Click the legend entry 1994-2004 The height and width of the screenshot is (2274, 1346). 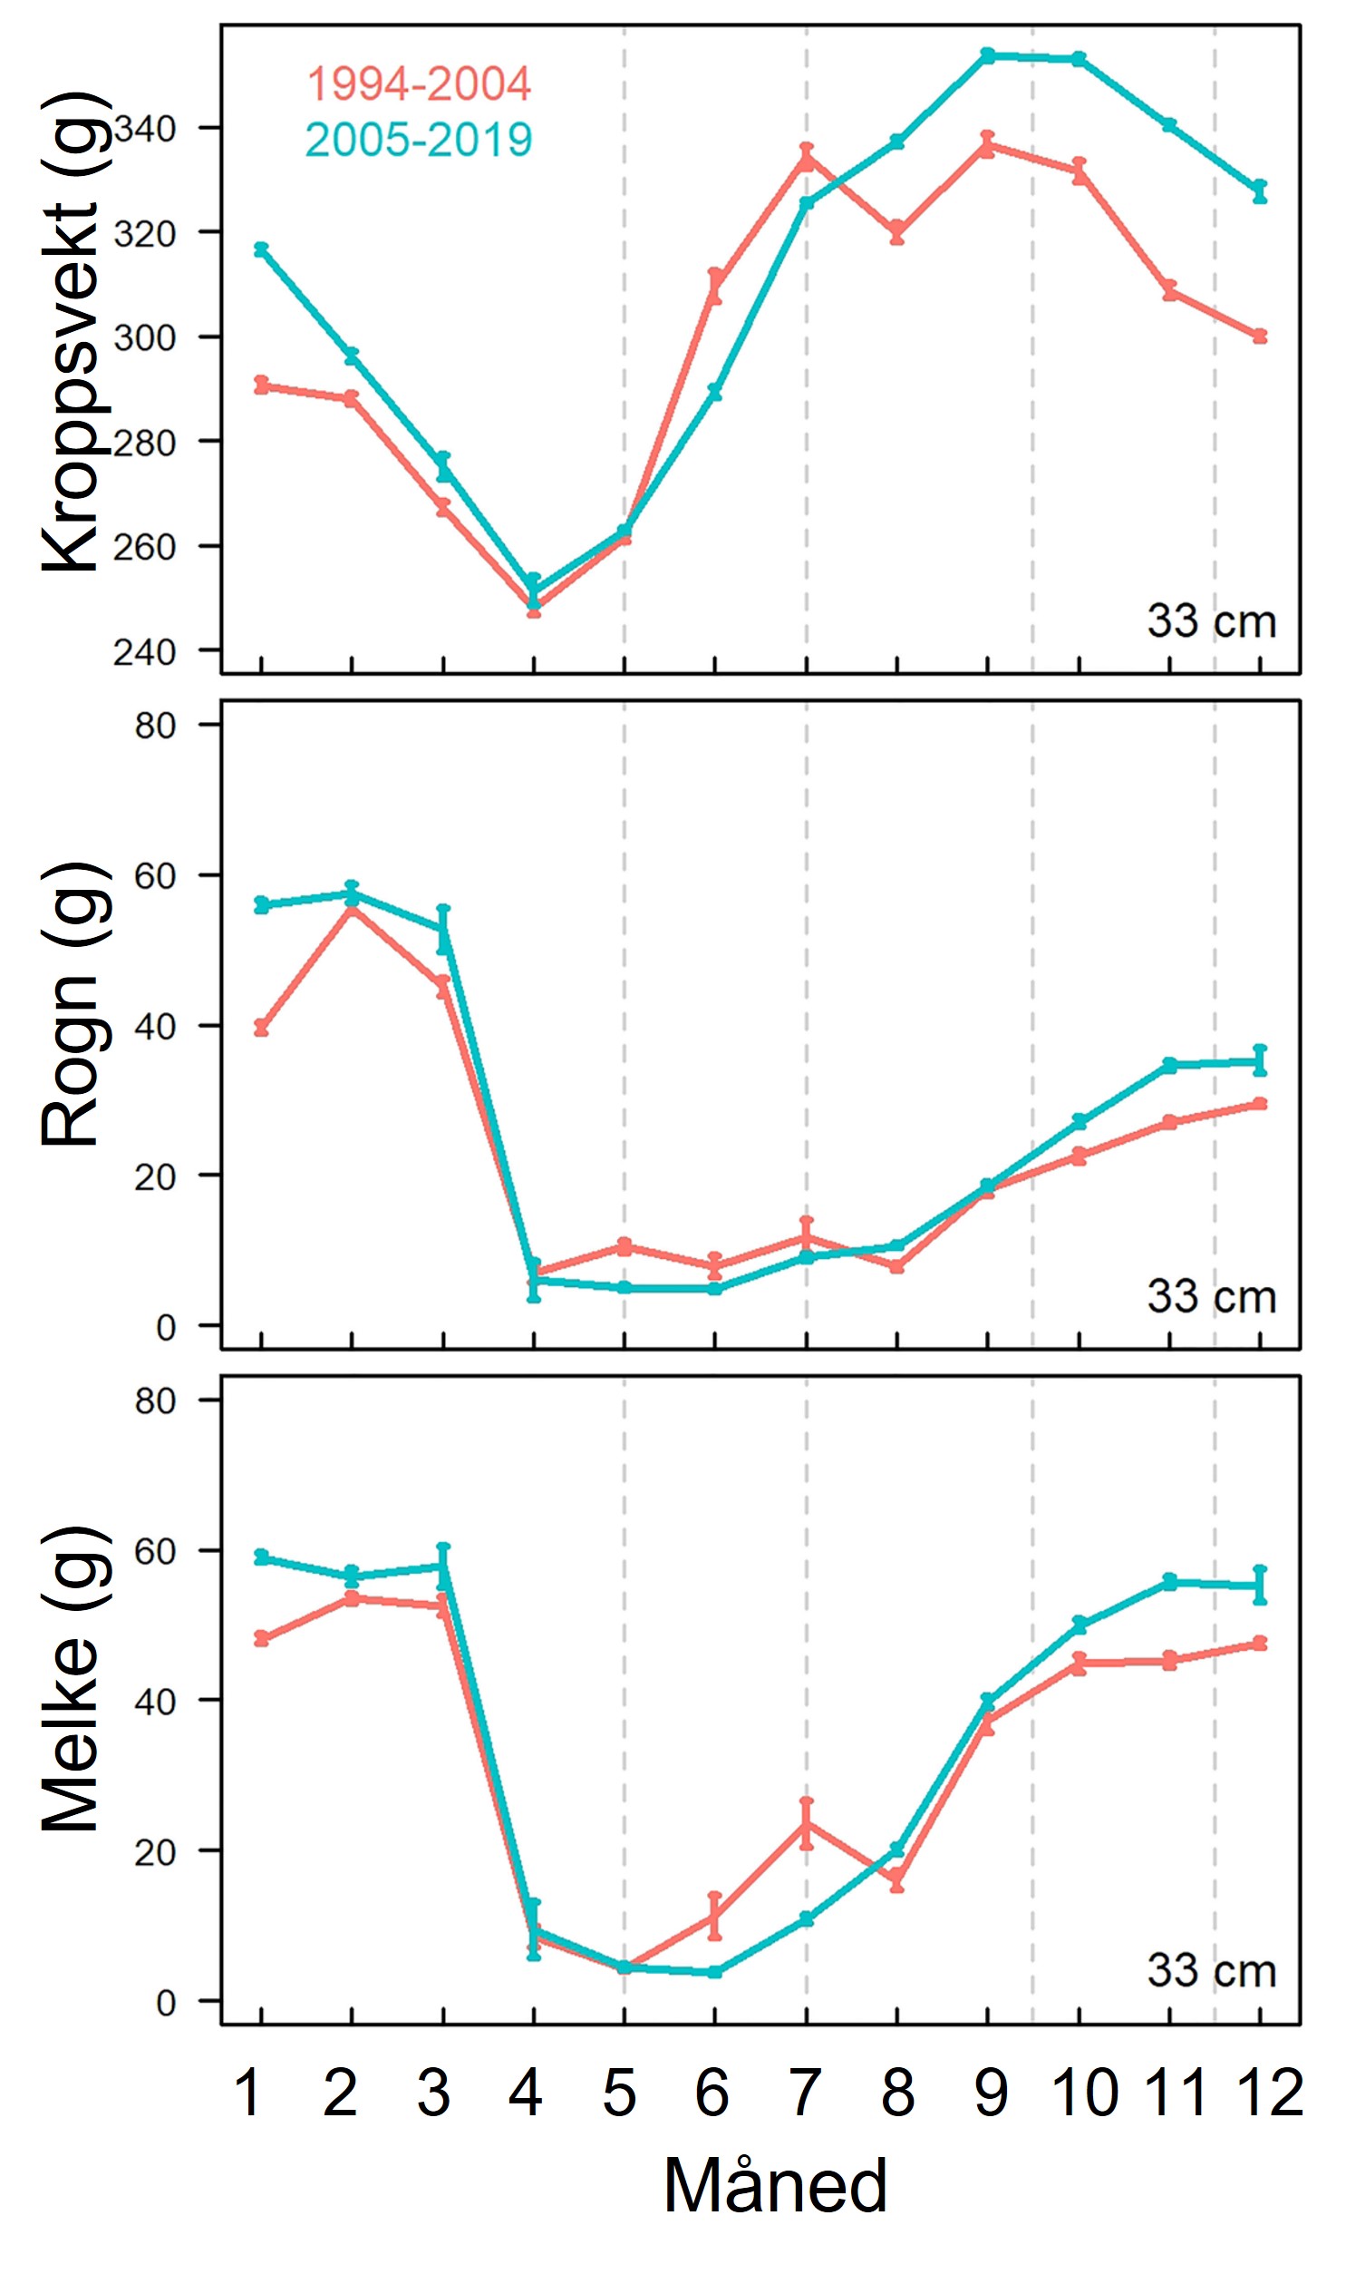(x=418, y=84)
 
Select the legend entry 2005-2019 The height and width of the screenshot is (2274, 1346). (x=418, y=141)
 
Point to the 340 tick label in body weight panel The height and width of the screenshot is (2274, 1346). (x=144, y=129)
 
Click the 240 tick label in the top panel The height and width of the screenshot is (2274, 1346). (x=144, y=651)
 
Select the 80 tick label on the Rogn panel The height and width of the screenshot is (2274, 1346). (x=154, y=726)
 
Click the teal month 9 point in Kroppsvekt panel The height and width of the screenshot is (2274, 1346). (x=988, y=55)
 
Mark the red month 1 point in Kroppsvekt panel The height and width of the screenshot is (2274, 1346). (x=261, y=386)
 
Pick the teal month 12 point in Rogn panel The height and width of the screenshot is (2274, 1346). (x=1260, y=1061)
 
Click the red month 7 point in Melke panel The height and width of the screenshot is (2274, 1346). (x=807, y=1823)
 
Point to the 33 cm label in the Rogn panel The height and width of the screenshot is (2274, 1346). (x=1211, y=1297)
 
